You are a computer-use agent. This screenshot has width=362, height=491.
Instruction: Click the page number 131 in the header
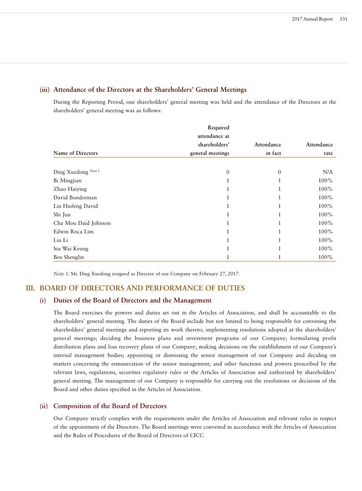pyautogui.click(x=343, y=19)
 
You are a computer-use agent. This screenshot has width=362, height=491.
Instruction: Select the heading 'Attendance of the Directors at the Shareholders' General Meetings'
pyautogui.click(x=150, y=90)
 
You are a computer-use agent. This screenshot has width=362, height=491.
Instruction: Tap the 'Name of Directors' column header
pyautogui.click(x=75, y=153)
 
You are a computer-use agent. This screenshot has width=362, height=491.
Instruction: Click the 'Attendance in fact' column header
pyautogui.click(x=268, y=149)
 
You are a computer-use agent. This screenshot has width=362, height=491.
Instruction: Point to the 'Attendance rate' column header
pyautogui.click(x=319, y=149)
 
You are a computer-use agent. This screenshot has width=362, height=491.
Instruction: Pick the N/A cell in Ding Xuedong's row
pyautogui.click(x=328, y=172)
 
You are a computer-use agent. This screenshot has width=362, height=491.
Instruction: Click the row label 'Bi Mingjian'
pyautogui.click(x=68, y=181)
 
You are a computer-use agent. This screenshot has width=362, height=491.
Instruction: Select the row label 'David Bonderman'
pyautogui.click(x=75, y=198)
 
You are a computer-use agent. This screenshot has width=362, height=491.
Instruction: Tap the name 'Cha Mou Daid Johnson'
pyautogui.click(x=82, y=223)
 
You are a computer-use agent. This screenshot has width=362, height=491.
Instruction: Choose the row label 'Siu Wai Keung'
pyautogui.click(x=71, y=249)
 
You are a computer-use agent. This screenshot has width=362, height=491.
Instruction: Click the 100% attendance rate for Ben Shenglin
pyautogui.click(x=325, y=257)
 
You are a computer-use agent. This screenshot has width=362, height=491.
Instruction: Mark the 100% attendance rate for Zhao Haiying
pyautogui.click(x=325, y=189)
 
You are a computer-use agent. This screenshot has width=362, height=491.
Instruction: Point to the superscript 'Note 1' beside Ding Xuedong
pyautogui.click(x=95, y=171)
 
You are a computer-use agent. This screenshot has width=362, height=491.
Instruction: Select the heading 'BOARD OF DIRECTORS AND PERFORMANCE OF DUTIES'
pyautogui.click(x=142, y=288)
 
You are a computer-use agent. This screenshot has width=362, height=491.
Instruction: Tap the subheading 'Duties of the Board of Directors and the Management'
pyautogui.click(x=132, y=301)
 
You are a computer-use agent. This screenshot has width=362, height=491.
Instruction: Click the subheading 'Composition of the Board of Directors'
pyautogui.click(x=110, y=406)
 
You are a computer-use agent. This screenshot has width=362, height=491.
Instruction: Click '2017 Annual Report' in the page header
pyautogui.click(x=312, y=19)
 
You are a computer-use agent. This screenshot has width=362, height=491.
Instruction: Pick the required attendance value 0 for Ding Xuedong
pyautogui.click(x=228, y=172)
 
